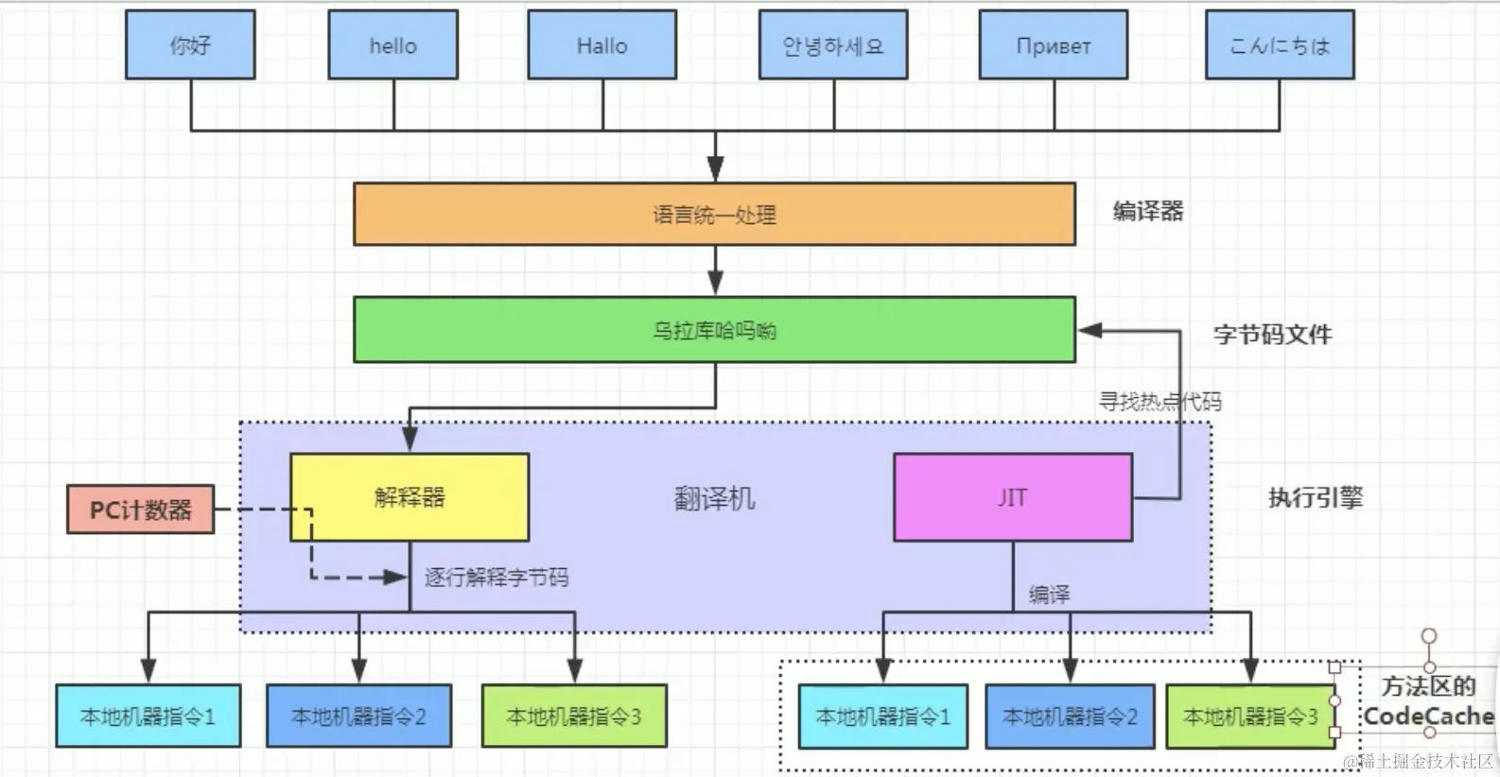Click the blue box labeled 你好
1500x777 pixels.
tap(190, 44)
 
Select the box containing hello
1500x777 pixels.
tap(392, 44)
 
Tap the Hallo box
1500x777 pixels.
tap(602, 44)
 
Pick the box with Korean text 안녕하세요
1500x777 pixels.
tap(832, 44)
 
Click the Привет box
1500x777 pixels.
tap(1053, 44)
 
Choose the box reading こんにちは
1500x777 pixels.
tap(1279, 44)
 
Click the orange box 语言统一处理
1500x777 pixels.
tap(714, 215)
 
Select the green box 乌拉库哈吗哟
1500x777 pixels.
tap(714, 330)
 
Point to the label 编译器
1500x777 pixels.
tap(1147, 211)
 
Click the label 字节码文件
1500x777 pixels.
tap(1272, 334)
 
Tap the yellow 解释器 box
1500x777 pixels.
tap(409, 497)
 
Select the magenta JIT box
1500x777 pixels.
tap(1012, 497)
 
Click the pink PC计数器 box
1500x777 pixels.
tap(140, 509)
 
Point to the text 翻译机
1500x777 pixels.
tap(714, 498)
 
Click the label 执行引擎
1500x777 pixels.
tap(1315, 497)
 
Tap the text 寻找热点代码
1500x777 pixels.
tap(1159, 401)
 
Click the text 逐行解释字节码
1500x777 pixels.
tap(496, 577)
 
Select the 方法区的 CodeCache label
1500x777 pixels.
tap(1427, 701)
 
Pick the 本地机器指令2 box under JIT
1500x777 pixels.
tap(1070, 717)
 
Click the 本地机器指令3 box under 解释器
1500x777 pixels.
tap(574, 717)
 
